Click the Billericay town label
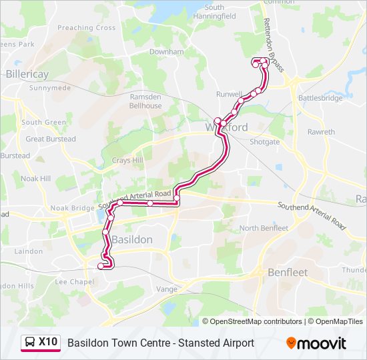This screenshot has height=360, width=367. [x=27, y=74]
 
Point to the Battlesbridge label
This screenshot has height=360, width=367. [x=320, y=98]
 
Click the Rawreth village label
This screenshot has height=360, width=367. [x=321, y=132]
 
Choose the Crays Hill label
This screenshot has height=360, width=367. [x=127, y=161]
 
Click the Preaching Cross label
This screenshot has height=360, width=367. [x=87, y=28]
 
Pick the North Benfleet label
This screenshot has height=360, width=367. [x=264, y=228]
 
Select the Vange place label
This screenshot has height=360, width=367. [x=166, y=289]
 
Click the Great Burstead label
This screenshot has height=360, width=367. [x=51, y=139]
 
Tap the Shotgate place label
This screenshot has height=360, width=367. [x=264, y=142]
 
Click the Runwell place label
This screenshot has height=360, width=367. [x=229, y=95]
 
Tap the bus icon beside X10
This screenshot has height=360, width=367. [x=30, y=343]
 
